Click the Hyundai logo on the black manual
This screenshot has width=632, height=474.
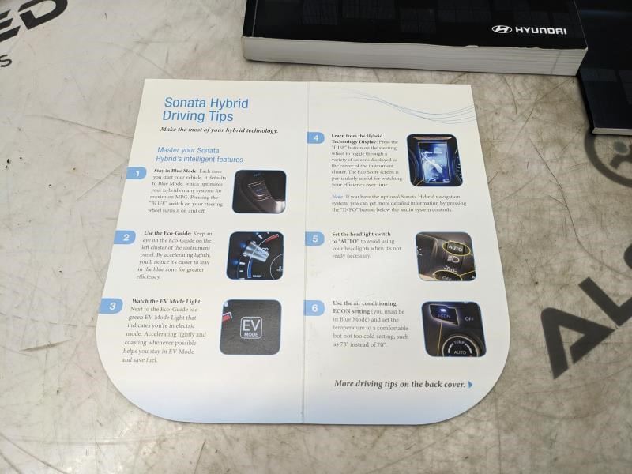pos(530,30)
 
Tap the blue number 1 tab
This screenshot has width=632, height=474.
pos(137,173)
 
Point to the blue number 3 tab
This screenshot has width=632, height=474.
pos(112,307)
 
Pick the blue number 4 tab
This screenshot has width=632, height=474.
pos(316,137)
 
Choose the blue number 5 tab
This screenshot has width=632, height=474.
pos(316,238)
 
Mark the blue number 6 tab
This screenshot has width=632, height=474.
pos(316,308)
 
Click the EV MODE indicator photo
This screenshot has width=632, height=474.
pos(250,326)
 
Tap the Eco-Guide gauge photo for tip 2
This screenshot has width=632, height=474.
pos(255,255)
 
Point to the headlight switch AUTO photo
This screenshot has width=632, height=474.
pos(445,256)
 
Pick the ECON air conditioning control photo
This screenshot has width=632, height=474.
pos(453,328)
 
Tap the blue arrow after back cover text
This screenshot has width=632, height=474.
pos(470,385)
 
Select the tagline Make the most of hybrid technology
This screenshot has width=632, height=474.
pos(218,130)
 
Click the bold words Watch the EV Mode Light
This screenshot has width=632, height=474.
pos(166,302)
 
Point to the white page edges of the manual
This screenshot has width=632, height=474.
pos(411,55)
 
